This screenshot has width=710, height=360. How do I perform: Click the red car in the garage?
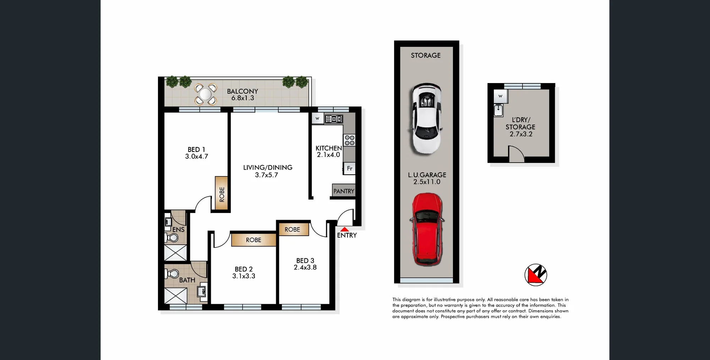pyautogui.click(x=427, y=229)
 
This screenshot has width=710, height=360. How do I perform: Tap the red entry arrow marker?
pyautogui.click(x=345, y=230)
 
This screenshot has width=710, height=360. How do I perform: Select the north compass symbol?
pyautogui.click(x=536, y=275)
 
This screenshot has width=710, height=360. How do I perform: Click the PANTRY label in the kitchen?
pyautogui.click(x=344, y=191)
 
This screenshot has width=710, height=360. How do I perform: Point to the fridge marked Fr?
pyautogui.click(x=349, y=168)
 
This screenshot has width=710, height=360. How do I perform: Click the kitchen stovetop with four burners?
pyautogui.click(x=349, y=140)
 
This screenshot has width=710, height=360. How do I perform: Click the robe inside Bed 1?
pyautogui.click(x=222, y=193)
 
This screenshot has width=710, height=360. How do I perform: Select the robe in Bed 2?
pyautogui.click(x=253, y=240)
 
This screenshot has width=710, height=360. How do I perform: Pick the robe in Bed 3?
pyautogui.click(x=293, y=229)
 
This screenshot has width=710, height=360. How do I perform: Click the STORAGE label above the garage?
pyautogui.click(x=426, y=55)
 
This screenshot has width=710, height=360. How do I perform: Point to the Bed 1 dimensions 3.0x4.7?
pyautogui.click(x=197, y=157)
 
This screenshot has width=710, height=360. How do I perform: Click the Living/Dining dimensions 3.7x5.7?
pyautogui.click(x=267, y=175)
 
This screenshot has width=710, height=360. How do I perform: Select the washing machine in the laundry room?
pyautogui.click(x=501, y=96)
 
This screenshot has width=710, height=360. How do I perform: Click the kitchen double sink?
pyautogui.click(x=334, y=119)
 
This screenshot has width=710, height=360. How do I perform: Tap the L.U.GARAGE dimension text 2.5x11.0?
pyautogui.click(x=427, y=182)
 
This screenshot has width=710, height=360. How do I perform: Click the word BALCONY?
pyautogui.click(x=242, y=91)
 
